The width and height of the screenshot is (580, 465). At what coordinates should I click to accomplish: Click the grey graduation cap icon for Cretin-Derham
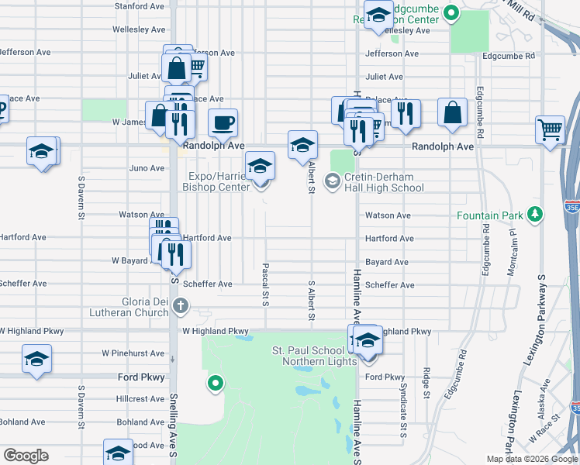tap(333, 182)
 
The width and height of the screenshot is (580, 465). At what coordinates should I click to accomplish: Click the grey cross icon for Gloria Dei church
tap(181, 305)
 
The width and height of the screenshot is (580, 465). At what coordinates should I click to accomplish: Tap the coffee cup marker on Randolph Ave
tap(223, 123)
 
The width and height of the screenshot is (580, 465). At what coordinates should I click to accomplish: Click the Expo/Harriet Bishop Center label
tap(216, 181)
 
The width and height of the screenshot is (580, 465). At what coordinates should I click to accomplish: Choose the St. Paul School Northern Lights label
tap(308, 356)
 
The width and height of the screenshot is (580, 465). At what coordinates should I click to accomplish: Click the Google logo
tap(26, 456)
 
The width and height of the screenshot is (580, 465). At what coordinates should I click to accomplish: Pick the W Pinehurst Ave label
tap(133, 353)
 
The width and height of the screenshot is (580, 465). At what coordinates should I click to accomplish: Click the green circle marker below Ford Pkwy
tap(216, 382)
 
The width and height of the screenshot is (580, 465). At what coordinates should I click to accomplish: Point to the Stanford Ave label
tap(140, 6)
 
